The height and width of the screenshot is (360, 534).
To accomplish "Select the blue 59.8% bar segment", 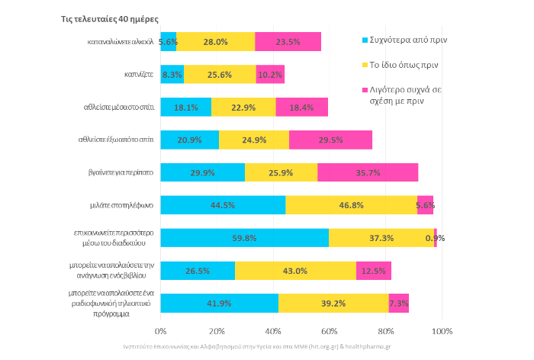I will click(244, 238).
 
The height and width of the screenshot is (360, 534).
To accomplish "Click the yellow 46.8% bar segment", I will click(351, 205).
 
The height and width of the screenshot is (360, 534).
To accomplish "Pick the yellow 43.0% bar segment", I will click(295, 270).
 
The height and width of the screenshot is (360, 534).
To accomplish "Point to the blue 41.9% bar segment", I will click(219, 303).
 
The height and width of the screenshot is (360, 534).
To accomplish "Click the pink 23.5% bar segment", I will click(288, 42).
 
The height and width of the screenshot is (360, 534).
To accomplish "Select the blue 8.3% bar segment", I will click(172, 75).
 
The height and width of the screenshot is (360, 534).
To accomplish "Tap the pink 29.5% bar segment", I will click(330, 140).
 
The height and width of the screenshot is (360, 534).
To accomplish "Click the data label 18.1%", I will click(186, 108).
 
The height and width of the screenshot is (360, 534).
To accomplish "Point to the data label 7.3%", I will click(399, 303).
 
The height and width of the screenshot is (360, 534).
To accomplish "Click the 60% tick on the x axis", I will click(330, 331).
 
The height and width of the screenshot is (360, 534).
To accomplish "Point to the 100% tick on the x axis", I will click(442, 331).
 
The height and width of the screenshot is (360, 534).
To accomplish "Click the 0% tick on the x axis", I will click(160, 331).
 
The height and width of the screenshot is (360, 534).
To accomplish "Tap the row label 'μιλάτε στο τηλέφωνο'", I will click(122, 205).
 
